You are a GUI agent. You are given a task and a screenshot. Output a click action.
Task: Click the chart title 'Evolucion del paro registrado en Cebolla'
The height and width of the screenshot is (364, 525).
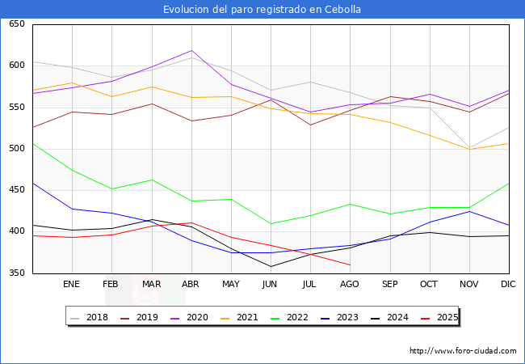click(x=262, y=10)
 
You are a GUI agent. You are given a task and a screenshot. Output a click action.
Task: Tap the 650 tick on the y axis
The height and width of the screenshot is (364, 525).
click(x=16, y=24)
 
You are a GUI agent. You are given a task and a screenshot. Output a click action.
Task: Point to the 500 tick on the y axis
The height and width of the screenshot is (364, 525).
click(x=16, y=149)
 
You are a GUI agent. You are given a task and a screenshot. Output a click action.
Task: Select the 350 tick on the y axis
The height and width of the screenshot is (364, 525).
click(x=16, y=273)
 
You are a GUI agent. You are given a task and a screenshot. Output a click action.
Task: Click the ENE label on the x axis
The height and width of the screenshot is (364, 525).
click(x=72, y=285)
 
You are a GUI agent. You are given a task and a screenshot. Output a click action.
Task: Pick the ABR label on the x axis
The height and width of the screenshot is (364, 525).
click(x=191, y=285)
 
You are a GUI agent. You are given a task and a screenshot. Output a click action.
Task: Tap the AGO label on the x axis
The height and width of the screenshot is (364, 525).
click(x=350, y=285)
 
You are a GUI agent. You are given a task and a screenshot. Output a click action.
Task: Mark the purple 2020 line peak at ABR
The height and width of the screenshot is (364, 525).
click(x=191, y=51)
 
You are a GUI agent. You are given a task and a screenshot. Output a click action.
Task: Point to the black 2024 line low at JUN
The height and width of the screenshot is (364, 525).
click(x=271, y=266)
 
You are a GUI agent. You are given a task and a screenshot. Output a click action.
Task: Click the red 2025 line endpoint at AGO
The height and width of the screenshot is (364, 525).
click(x=350, y=265)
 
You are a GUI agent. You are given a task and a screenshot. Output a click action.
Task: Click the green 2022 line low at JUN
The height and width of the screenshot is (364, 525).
click(x=271, y=223)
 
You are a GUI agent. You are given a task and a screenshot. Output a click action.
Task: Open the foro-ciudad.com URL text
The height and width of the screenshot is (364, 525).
click(x=463, y=351)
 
